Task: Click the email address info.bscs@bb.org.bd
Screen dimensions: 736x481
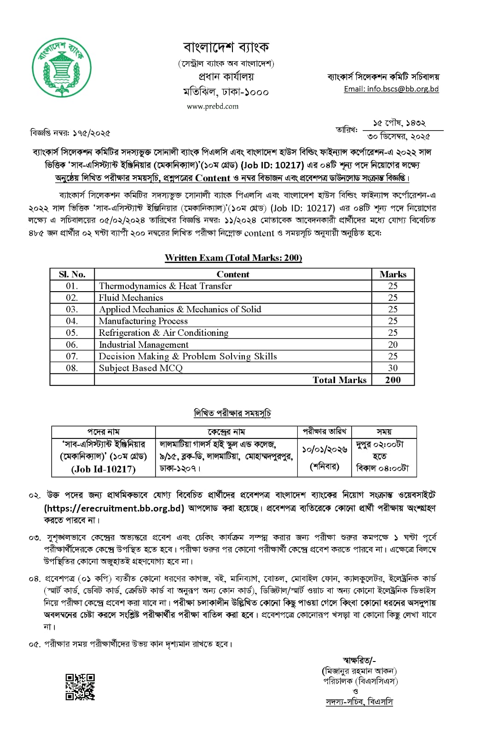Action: (x=391, y=89)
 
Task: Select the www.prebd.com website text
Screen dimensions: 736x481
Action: (x=213, y=106)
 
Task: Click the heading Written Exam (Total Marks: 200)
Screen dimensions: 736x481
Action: (x=233, y=258)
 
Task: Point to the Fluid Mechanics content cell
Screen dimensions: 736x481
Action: (x=131, y=298)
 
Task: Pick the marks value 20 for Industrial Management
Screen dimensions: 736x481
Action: (x=393, y=345)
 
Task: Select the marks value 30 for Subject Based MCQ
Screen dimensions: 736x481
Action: (x=393, y=368)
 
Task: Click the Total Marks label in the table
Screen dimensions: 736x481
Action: (x=339, y=380)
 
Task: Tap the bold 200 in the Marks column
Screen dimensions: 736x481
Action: (x=393, y=380)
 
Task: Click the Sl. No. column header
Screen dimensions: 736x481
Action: (x=72, y=274)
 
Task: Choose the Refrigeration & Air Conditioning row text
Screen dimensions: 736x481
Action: (x=163, y=333)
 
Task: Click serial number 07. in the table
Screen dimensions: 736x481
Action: (x=72, y=356)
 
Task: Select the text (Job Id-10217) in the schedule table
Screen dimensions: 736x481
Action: (x=104, y=469)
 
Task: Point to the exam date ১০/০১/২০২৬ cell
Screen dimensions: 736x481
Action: (x=325, y=449)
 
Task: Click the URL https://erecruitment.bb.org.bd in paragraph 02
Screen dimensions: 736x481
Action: (x=114, y=508)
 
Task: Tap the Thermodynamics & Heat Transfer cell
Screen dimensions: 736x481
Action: (x=165, y=286)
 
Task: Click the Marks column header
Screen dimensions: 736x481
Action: (x=393, y=274)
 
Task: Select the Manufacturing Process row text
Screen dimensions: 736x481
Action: (x=143, y=321)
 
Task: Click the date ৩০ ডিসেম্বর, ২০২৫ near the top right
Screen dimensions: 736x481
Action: (x=399, y=137)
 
